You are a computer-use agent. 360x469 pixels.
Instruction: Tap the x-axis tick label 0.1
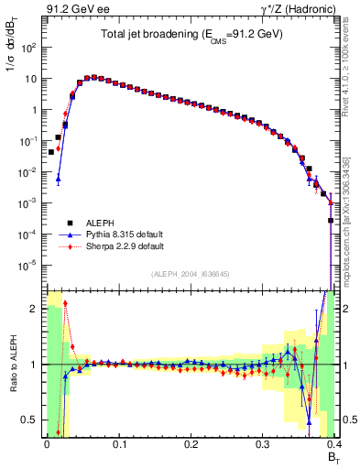click(118, 444)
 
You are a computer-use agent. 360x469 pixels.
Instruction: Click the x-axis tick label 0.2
click(191, 444)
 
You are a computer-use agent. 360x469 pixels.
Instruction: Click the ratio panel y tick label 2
click(33, 309)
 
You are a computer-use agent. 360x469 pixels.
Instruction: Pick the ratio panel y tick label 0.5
click(29, 420)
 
